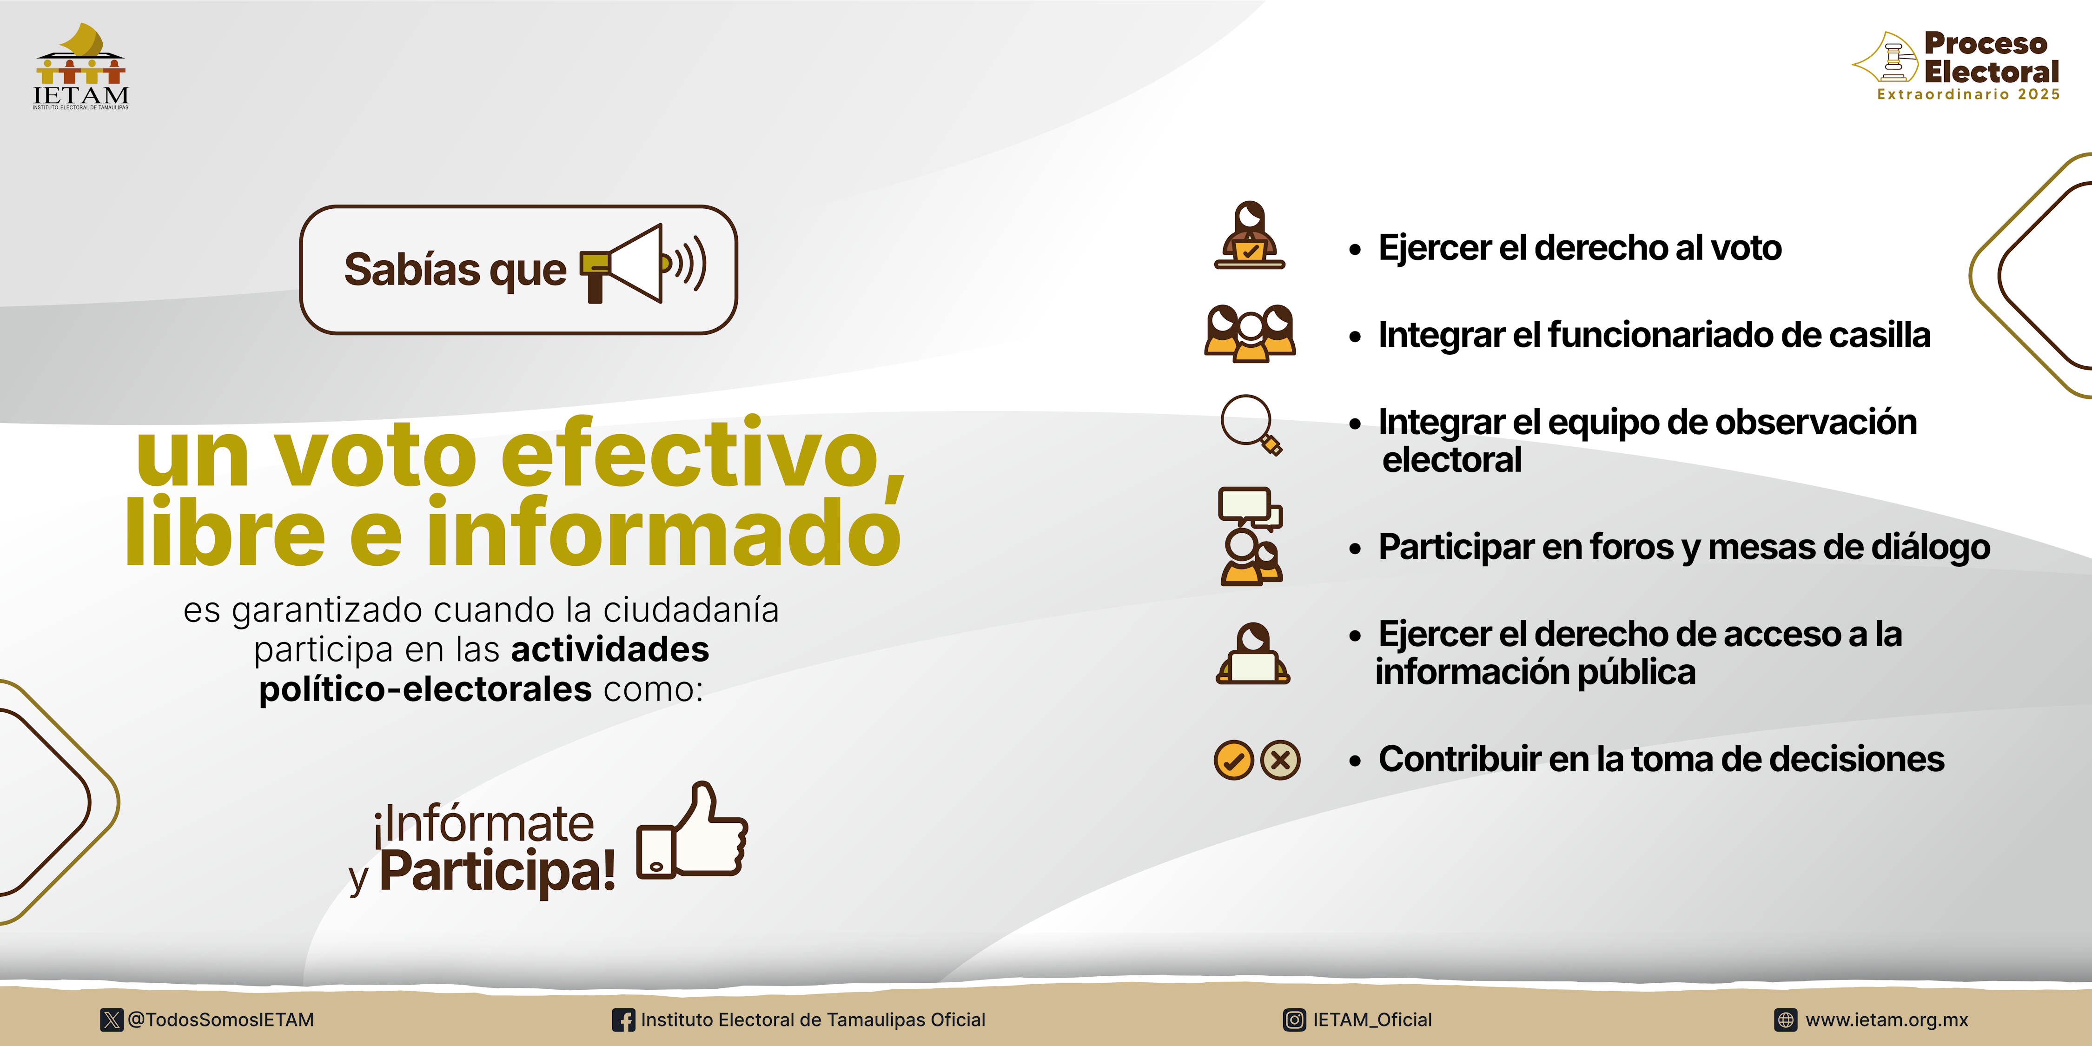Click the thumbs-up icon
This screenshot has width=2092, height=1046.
click(692, 830)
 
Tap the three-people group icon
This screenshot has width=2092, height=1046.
click(1250, 333)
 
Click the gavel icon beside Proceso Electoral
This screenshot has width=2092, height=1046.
click(1886, 57)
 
